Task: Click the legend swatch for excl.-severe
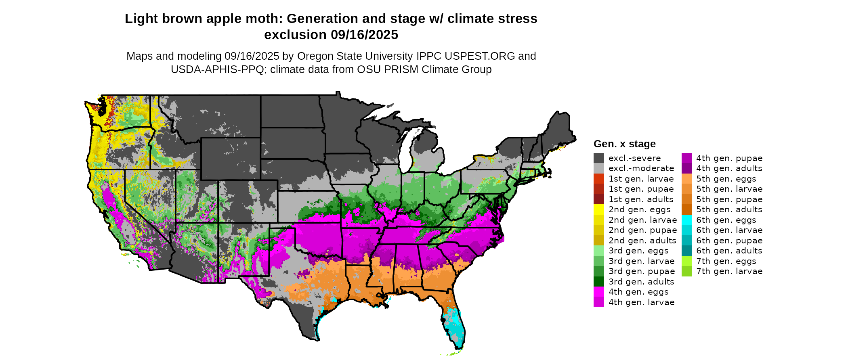(598, 158)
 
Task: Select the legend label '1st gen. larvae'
(641, 179)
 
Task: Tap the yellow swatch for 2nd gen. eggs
(598, 209)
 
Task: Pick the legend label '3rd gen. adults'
(641, 282)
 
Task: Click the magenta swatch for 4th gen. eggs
(598, 292)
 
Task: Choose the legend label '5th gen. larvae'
(729, 189)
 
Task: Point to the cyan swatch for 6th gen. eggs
(686, 220)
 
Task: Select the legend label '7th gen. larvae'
(729, 271)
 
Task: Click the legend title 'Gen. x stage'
(624, 144)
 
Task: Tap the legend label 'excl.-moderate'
(641, 168)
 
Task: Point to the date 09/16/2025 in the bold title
(364, 35)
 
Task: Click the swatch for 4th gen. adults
(686, 168)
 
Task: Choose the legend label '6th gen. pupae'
(729, 241)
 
